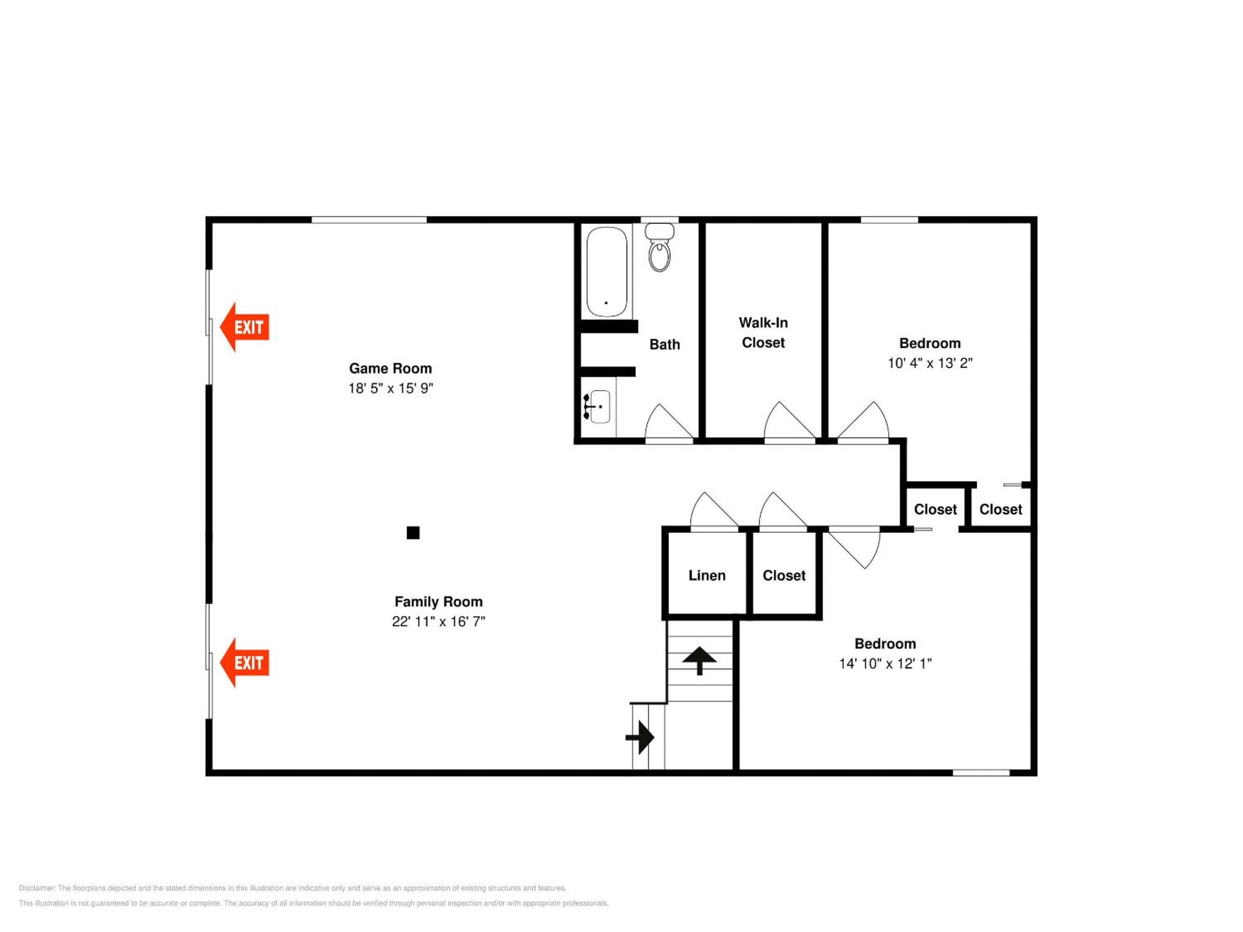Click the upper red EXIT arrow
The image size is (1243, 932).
click(x=244, y=327)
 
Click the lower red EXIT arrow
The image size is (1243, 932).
click(x=244, y=662)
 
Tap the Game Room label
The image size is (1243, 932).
click(x=391, y=368)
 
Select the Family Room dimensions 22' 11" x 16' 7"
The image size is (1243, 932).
click(x=439, y=621)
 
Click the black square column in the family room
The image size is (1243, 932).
click(x=413, y=532)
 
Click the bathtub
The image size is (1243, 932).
click(x=607, y=272)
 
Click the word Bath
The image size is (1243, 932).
click(x=665, y=344)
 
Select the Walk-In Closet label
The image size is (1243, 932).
click(x=763, y=333)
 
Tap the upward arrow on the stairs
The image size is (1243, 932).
click(x=700, y=661)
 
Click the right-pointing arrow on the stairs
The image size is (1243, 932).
click(x=640, y=737)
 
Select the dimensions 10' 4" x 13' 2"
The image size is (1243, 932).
click(x=930, y=363)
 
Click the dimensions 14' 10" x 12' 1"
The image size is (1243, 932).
click(x=886, y=664)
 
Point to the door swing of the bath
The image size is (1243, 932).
click(x=669, y=422)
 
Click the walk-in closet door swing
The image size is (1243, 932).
click(x=789, y=421)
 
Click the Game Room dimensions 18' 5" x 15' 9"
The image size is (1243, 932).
click(x=391, y=388)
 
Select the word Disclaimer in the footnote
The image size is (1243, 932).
click(x=37, y=888)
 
